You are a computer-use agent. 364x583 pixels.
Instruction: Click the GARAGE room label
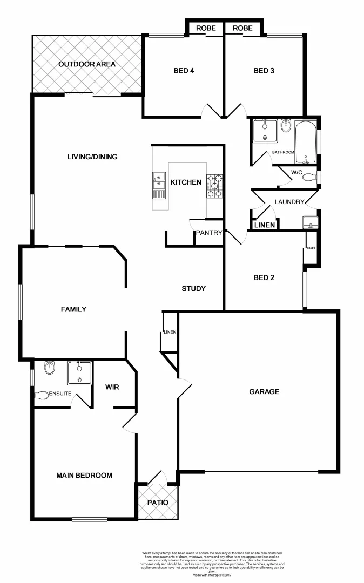[264, 391]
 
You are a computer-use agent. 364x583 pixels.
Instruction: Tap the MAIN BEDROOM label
[84, 476]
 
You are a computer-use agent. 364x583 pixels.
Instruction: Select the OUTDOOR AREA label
[87, 64]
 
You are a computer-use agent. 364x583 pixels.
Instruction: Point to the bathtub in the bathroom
[306, 141]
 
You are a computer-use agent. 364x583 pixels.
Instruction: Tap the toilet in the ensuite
[42, 395]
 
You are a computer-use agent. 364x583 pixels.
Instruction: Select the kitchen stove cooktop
[214, 186]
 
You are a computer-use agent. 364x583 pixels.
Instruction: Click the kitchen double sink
[159, 184]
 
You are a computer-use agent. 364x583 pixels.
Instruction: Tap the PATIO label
[158, 503]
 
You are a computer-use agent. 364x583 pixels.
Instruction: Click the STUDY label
[193, 289]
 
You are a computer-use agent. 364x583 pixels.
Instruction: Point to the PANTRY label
[209, 233]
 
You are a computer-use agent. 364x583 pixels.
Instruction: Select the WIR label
[112, 387]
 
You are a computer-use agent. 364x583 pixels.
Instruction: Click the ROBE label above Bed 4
[206, 28]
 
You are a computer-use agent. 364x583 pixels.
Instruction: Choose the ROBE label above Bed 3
[242, 28]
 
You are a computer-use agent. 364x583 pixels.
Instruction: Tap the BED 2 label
[264, 278]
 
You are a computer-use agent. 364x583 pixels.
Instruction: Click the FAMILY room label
[73, 309]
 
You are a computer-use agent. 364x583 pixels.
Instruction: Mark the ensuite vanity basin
[80, 371]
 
